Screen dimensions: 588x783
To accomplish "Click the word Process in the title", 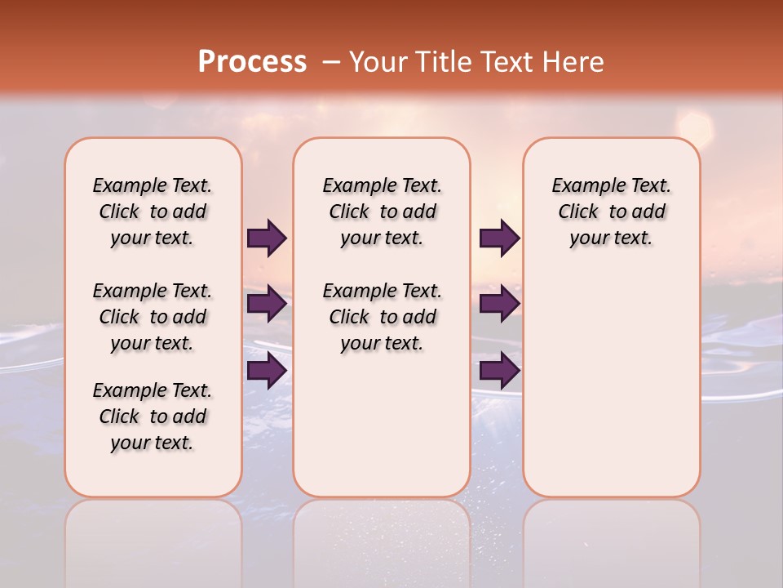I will [x=252, y=62].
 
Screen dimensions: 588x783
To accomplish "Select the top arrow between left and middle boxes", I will [x=267, y=238].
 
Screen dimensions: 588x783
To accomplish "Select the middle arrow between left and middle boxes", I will [x=267, y=304].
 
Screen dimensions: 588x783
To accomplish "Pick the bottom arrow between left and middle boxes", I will [x=267, y=370].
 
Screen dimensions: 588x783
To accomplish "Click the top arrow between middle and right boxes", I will [x=499, y=238].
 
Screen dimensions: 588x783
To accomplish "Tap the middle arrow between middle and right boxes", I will [x=499, y=304].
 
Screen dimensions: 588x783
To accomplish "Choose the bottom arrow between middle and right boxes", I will [x=499, y=370].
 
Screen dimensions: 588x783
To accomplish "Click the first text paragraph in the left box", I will [x=153, y=212].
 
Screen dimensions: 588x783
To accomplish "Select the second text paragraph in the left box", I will [x=153, y=317].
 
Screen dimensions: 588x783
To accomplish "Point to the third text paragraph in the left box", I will [x=153, y=416].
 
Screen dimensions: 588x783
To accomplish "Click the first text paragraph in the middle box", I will [x=383, y=212].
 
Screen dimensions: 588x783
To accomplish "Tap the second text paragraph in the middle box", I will [x=383, y=317].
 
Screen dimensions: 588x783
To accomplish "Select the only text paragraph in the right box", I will [x=612, y=212].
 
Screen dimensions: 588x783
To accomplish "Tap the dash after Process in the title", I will [x=330, y=62].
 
